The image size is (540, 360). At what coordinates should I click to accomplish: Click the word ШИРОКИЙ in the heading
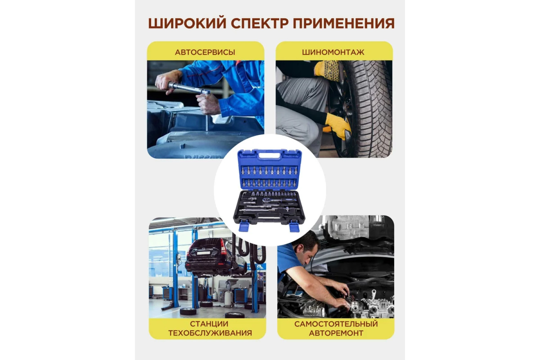pyautogui.click(x=187, y=23)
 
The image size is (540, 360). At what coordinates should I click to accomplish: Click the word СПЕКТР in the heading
pyautogui.click(x=260, y=23)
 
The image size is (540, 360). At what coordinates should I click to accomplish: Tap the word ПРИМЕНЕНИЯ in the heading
pyautogui.click(x=344, y=23)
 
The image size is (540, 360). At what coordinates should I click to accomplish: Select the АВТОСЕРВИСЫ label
pyautogui.click(x=205, y=52)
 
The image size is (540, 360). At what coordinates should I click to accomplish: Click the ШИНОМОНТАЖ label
pyautogui.click(x=333, y=52)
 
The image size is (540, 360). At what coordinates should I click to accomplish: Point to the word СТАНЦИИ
pyautogui.click(x=209, y=324)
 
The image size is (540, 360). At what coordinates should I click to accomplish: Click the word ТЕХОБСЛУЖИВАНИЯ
pyautogui.click(x=210, y=333)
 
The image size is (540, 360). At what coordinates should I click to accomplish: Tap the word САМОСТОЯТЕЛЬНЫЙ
pyautogui.click(x=336, y=324)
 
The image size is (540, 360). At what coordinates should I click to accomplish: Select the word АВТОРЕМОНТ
pyautogui.click(x=336, y=333)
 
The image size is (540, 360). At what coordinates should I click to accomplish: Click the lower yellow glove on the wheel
pyautogui.click(x=338, y=126)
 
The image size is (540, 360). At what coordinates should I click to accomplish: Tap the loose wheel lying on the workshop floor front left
pyautogui.click(x=188, y=311)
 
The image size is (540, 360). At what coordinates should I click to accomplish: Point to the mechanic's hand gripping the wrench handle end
pyautogui.click(x=166, y=81)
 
